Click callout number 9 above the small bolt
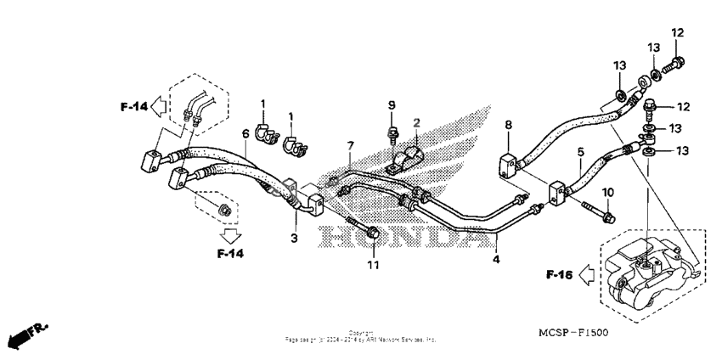point(392,105)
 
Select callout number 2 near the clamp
point(417,123)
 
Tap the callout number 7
point(348,148)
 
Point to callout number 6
point(245,134)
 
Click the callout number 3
point(295,239)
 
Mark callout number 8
point(508,126)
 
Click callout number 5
point(580,153)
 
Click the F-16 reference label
point(557,274)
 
